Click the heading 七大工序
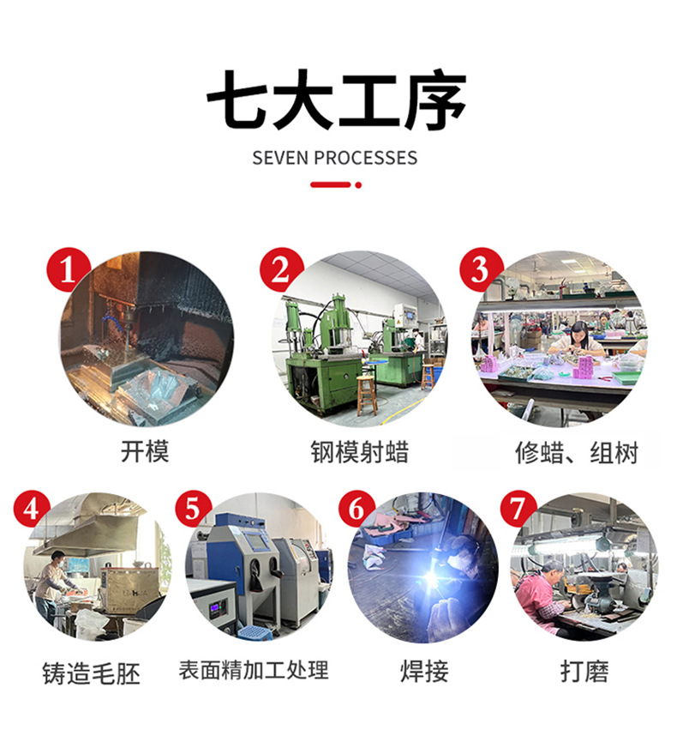pyautogui.click(x=337, y=100)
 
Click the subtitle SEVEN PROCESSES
pyautogui.click(x=335, y=159)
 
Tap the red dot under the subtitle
pyautogui.click(x=358, y=184)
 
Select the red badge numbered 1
pyautogui.click(x=69, y=269)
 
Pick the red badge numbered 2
pyautogui.click(x=281, y=269)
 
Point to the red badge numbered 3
pyautogui.click(x=482, y=269)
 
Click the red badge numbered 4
pyautogui.click(x=32, y=509)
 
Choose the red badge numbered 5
pyautogui.click(x=194, y=509)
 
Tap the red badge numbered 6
pyautogui.click(x=356, y=509)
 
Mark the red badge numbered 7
pyautogui.click(x=518, y=509)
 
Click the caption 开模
pyautogui.click(x=145, y=451)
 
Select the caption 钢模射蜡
pyautogui.click(x=359, y=451)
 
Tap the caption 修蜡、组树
pyautogui.click(x=577, y=453)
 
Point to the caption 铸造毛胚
pyautogui.click(x=91, y=673)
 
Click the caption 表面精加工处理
pyautogui.click(x=254, y=670)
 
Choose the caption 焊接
pyautogui.click(x=424, y=671)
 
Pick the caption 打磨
pyautogui.click(x=584, y=671)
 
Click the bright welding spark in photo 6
pyautogui.click(x=432, y=579)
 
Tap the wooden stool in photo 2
pyautogui.click(x=367, y=395)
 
